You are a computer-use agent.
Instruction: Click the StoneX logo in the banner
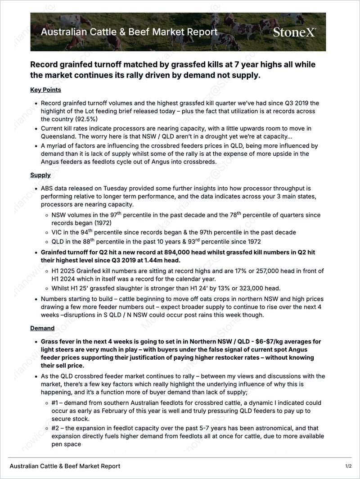coord(294,32)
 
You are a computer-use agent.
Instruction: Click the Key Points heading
coord(45,90)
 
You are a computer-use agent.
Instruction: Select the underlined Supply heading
coord(40,175)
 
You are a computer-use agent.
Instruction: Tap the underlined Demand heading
coord(42,328)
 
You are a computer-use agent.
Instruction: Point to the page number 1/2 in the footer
coord(348,466)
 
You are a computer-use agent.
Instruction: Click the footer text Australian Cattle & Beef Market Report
coord(65,466)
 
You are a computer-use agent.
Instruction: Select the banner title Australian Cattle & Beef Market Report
coord(129,32)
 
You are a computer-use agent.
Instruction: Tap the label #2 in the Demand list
coord(56,428)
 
